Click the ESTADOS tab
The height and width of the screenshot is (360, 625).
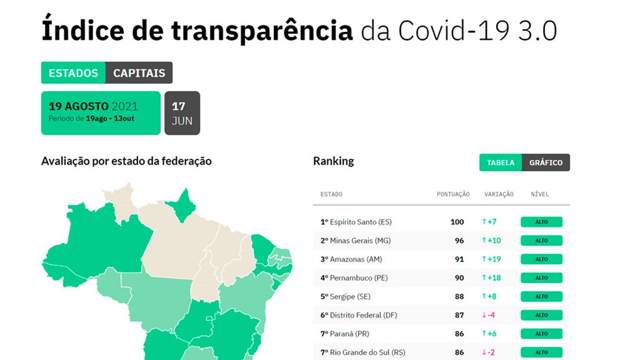click(73, 73)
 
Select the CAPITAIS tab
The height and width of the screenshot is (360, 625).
click(139, 73)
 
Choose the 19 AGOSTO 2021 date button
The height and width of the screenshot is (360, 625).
click(100, 113)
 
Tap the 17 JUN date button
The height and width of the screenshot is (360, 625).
click(182, 113)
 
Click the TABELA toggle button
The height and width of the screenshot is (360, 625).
click(501, 163)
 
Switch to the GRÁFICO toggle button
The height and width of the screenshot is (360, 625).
click(546, 163)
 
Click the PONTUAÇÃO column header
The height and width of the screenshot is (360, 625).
click(453, 194)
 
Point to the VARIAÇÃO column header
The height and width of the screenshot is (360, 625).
click(499, 194)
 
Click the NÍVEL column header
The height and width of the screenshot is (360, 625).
click(540, 194)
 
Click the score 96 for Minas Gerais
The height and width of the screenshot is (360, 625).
click(460, 241)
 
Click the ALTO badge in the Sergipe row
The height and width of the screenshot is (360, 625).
click(541, 296)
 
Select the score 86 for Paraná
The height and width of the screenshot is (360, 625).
click(460, 334)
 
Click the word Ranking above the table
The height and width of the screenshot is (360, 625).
click(333, 161)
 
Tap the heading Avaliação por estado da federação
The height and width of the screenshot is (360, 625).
click(126, 161)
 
